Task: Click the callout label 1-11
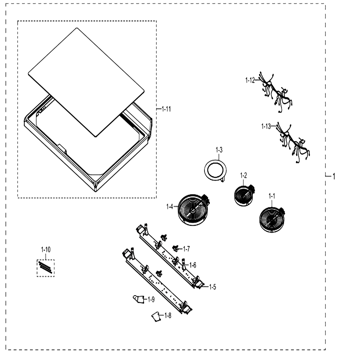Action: [x=166, y=109]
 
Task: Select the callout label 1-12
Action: [x=250, y=80]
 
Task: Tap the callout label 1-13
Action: [x=266, y=126]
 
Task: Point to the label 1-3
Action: [x=219, y=150]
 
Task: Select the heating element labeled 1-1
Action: [x=272, y=219]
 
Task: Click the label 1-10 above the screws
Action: [x=46, y=249]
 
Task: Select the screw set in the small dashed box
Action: [x=45, y=268]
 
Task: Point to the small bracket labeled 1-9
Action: [x=139, y=299]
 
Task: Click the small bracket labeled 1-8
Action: [x=157, y=316]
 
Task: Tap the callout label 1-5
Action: [x=213, y=287]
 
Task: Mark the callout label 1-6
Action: [x=193, y=265]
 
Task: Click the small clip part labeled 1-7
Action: [x=175, y=248]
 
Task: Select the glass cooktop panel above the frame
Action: [x=86, y=82]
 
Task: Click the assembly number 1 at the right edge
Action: [x=334, y=176]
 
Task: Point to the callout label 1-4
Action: [x=170, y=207]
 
